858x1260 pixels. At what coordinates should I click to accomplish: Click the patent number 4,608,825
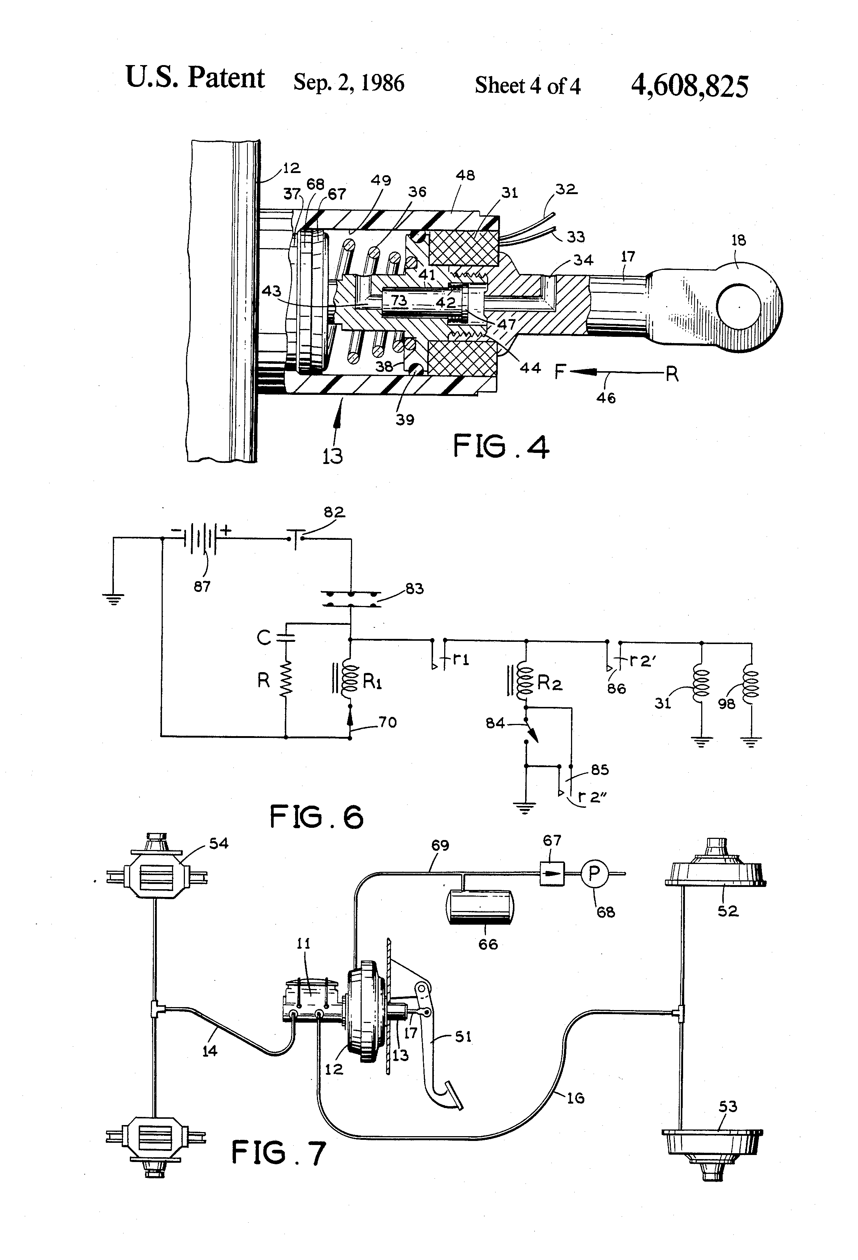click(x=690, y=86)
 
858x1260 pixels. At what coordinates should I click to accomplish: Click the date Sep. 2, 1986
click(x=349, y=83)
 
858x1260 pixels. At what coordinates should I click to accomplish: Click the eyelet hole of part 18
click(x=738, y=306)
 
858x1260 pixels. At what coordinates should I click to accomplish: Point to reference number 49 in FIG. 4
click(x=380, y=180)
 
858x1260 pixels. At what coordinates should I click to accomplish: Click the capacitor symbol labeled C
click(x=286, y=638)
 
